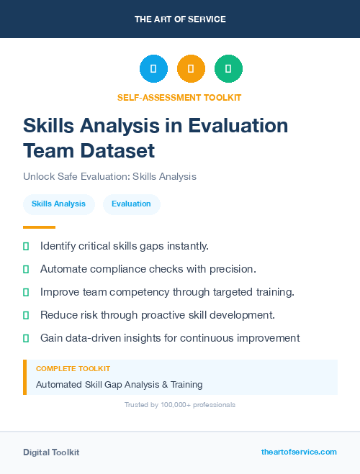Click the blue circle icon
point(153,69)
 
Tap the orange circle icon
point(191,69)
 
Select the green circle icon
point(228,69)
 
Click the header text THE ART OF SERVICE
point(180,19)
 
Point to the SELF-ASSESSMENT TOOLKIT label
point(179,97)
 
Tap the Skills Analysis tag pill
point(58,204)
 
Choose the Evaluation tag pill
point(131,204)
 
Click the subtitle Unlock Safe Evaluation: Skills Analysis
point(109,176)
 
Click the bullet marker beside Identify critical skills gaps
point(26,246)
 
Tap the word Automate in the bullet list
point(64,269)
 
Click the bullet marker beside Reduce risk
point(26,315)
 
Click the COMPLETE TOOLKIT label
point(73,368)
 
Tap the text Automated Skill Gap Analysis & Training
point(119,385)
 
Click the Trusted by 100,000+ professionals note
point(180,405)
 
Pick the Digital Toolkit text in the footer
point(51,452)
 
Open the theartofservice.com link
point(299,452)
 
